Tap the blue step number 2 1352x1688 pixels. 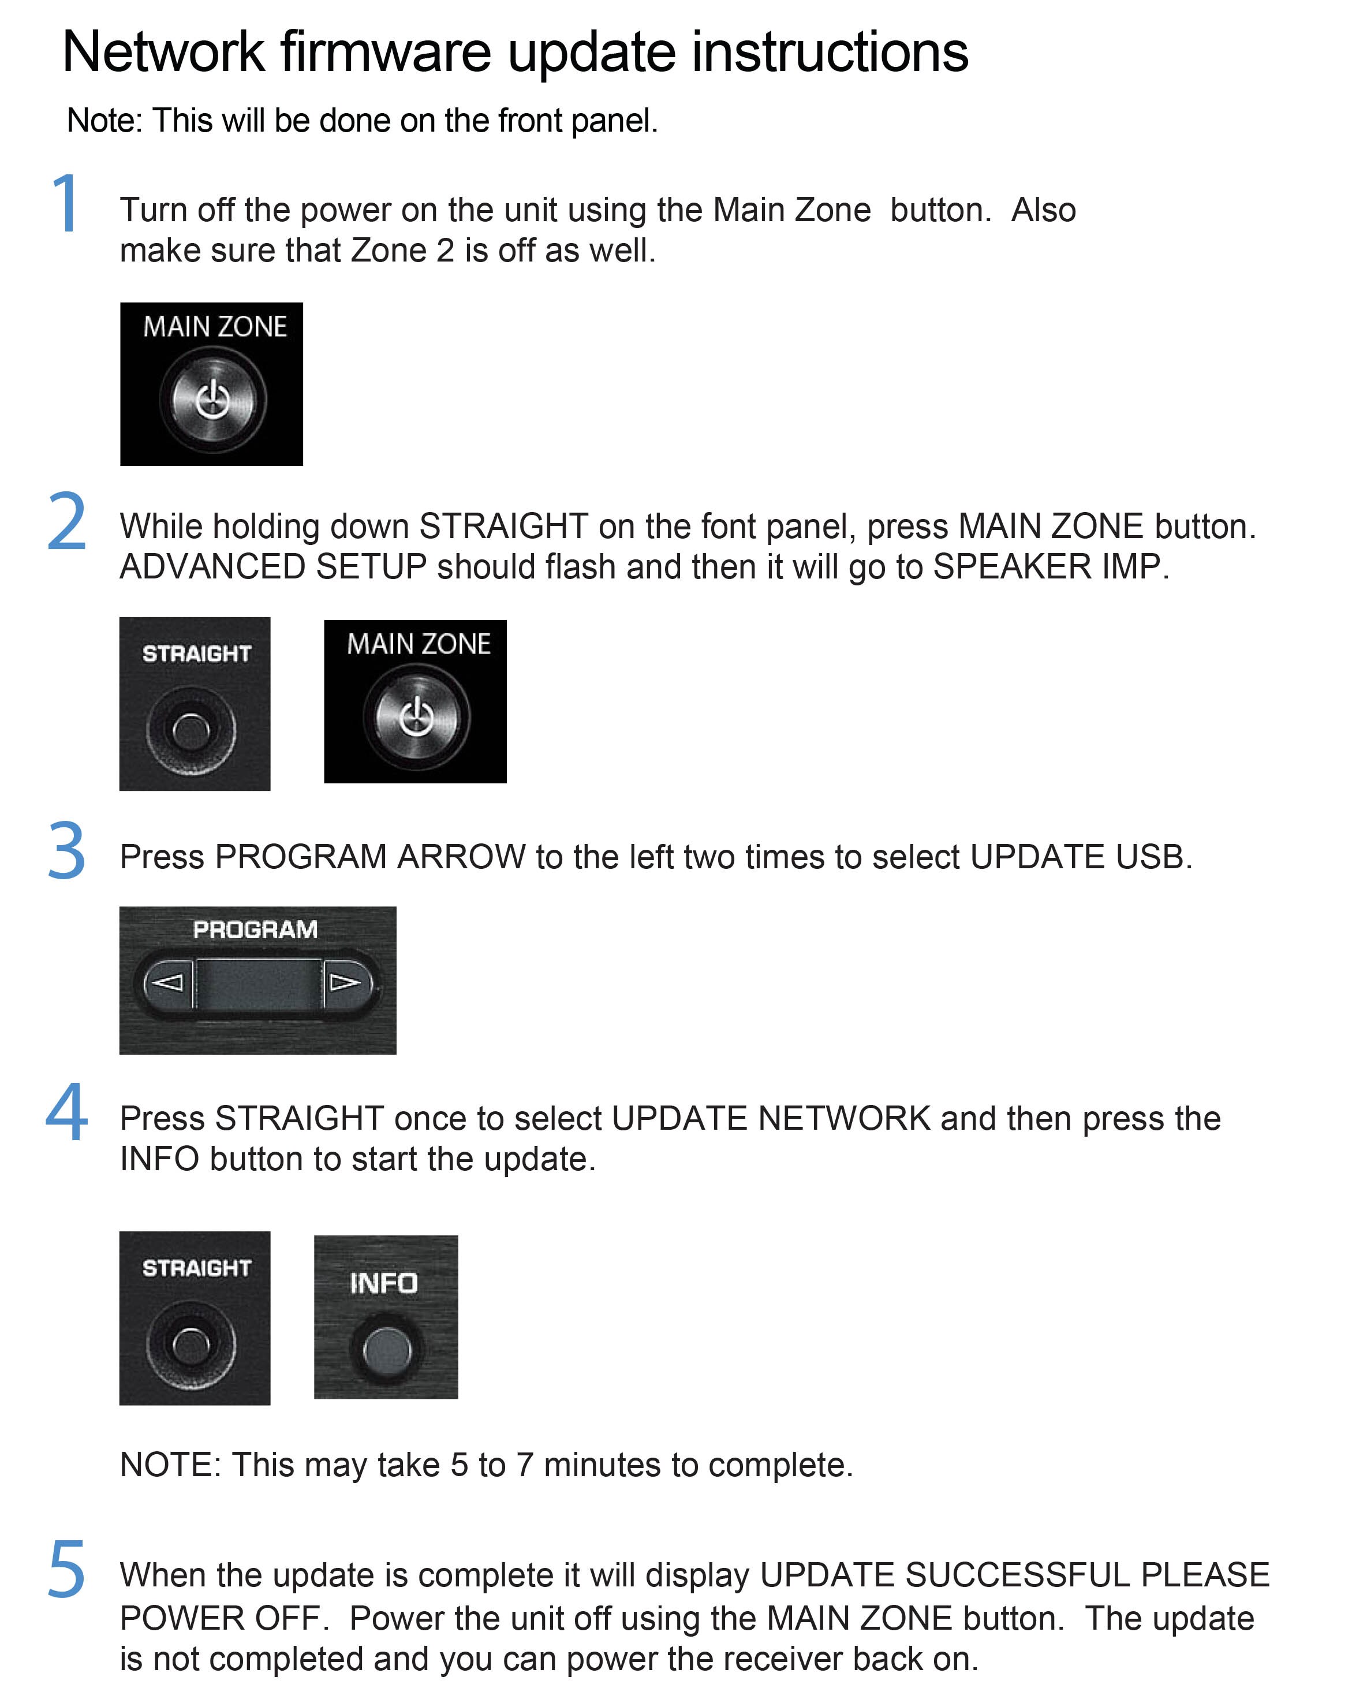[66, 521]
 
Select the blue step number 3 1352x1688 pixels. [66, 850]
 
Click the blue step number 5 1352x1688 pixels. [66, 1568]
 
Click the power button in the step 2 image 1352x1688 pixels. [416, 716]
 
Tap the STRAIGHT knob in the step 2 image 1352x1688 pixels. [191, 730]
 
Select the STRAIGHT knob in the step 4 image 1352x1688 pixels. [191, 1345]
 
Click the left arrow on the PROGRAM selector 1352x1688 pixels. [167, 982]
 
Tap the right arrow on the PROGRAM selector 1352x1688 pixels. [345, 982]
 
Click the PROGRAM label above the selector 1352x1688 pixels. [255, 929]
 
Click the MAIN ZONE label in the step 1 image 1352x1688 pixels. [215, 327]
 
